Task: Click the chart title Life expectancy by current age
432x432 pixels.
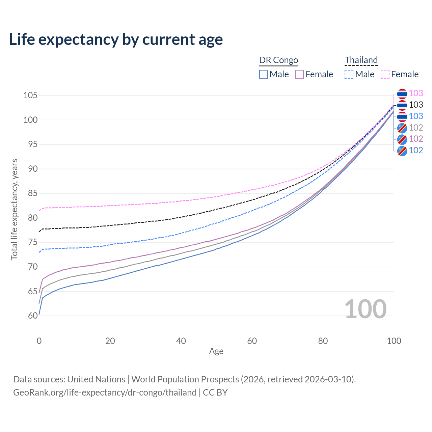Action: tap(116, 39)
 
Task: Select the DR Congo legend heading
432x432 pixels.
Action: tap(278, 60)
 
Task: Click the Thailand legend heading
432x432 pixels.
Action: tap(361, 60)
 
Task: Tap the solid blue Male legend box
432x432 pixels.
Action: tap(264, 74)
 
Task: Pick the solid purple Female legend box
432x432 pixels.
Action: tap(300, 74)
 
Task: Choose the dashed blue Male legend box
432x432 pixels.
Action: tap(349, 74)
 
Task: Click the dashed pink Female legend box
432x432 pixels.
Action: tap(385, 74)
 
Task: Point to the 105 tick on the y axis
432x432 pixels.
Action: tap(30, 95)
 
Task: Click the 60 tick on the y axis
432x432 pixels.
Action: tap(33, 316)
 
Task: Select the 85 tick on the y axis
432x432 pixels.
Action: tap(33, 193)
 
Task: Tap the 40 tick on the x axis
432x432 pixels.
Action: tap(181, 341)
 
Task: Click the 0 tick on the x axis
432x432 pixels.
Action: tap(39, 341)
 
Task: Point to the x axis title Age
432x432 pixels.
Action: tap(216, 351)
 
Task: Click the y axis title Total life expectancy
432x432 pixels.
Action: tap(14, 209)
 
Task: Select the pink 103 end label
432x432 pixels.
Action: tap(416, 93)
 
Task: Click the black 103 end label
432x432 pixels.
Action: tap(416, 105)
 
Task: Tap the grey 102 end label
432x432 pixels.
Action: tap(416, 128)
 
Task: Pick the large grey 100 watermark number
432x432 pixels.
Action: tap(366, 309)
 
